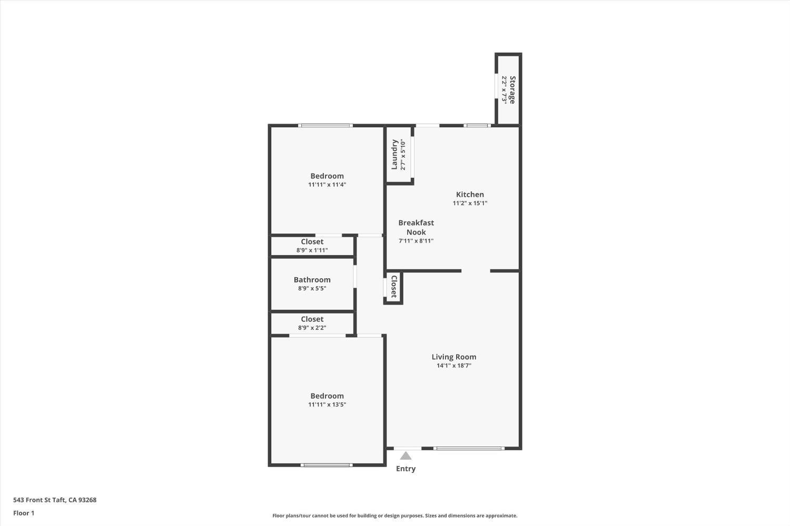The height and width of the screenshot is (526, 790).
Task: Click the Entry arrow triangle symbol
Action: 406,456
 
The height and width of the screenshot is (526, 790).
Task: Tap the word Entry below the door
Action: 406,469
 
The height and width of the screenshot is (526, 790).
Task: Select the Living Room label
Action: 453,357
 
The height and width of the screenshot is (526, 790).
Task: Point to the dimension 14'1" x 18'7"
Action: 453,366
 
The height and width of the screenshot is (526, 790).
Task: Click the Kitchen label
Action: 470,194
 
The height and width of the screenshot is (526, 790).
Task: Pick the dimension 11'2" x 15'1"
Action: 470,203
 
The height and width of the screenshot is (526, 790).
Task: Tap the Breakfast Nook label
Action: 416,227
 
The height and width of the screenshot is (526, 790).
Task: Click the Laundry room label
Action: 394,155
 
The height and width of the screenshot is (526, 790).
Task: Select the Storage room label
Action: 512,90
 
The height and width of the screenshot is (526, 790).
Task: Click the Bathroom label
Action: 312,280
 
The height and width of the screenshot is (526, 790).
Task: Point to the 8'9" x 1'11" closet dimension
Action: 312,250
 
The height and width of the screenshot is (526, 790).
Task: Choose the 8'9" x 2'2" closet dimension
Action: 312,328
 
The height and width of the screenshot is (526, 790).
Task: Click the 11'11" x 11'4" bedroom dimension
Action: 327,185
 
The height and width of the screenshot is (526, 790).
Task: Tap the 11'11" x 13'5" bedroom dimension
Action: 327,404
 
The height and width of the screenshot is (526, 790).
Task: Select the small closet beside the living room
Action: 393,287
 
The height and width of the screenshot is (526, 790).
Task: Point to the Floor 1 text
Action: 24,513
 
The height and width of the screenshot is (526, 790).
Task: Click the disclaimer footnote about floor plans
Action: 394,515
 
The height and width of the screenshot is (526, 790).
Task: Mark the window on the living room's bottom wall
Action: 468,448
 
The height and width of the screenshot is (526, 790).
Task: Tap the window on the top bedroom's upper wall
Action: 325,126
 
